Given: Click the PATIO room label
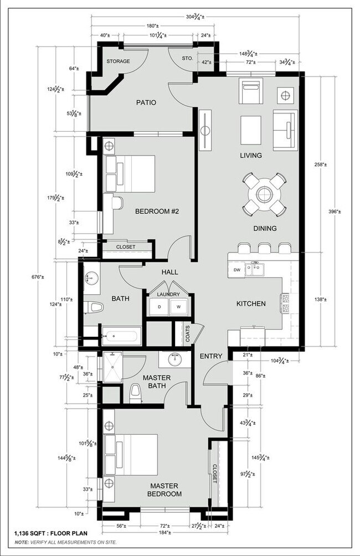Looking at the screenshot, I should (146, 102).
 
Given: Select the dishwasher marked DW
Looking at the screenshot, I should (236, 270).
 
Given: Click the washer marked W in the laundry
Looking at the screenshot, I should (179, 306).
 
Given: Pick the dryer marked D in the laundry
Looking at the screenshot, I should (160, 306).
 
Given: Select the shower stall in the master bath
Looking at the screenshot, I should (112, 367).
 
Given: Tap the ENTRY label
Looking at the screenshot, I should (210, 356).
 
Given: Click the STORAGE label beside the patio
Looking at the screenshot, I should (118, 61).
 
